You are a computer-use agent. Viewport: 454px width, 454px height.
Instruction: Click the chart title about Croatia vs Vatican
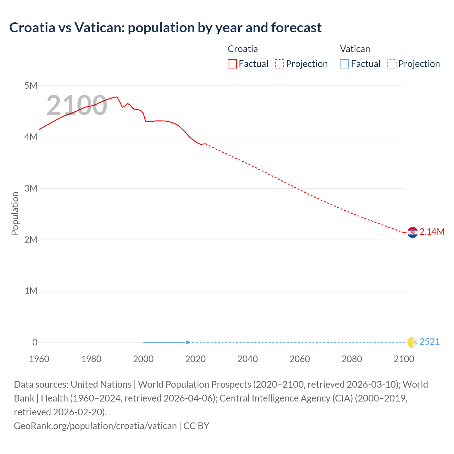(165, 28)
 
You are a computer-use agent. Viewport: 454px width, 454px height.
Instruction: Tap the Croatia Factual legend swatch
(232, 64)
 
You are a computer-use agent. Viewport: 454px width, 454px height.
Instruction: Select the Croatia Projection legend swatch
(279, 64)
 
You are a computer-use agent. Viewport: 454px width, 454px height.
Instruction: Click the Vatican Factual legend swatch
(344, 64)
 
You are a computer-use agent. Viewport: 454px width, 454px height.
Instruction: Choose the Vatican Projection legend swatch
(392, 64)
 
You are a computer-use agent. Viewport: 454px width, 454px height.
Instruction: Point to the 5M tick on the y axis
(31, 85)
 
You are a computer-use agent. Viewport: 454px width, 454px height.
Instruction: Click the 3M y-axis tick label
(31, 188)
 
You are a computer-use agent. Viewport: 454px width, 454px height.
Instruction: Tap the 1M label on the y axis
(31, 291)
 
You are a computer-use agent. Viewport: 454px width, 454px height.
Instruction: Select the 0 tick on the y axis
(35, 342)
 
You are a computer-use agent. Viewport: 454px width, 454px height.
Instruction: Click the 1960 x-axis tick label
(39, 359)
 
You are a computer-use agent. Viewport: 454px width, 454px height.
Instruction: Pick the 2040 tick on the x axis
(248, 359)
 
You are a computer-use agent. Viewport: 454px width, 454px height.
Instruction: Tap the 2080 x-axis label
(352, 359)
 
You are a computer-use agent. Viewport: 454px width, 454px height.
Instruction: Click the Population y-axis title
(15, 213)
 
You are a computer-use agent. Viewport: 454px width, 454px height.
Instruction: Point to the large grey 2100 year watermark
(77, 105)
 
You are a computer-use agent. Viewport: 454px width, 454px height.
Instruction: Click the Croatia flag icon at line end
(413, 232)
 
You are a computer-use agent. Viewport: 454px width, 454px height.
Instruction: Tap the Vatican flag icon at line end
(413, 342)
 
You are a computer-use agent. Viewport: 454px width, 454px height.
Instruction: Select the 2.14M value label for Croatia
(432, 232)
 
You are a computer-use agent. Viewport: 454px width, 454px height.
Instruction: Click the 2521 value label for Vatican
(429, 342)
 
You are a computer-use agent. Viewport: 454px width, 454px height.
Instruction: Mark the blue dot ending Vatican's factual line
(187, 342)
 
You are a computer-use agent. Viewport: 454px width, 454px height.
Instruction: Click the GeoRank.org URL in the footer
(95, 426)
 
